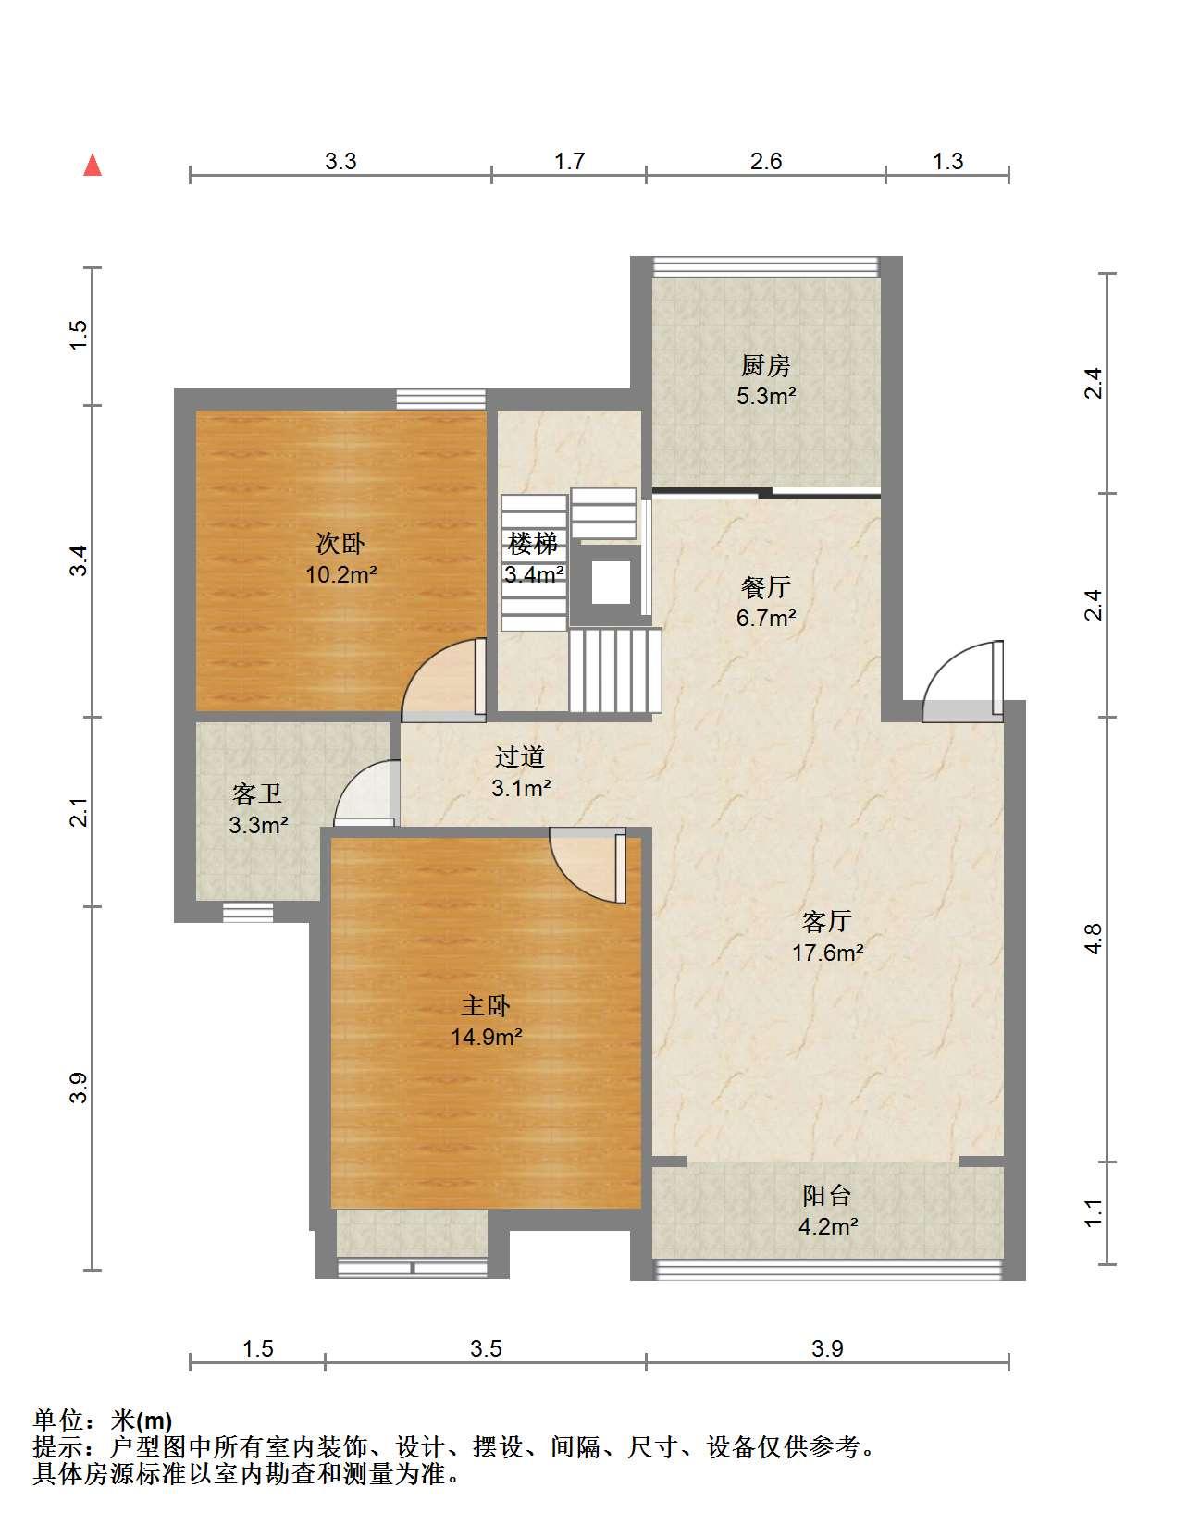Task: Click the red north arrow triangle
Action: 93,165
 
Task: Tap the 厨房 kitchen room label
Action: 765,365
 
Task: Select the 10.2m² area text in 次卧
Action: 341,573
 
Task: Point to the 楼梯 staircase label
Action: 533,543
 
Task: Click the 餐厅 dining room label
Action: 765,587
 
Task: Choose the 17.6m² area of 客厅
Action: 827,953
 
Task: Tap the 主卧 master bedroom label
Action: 486,1006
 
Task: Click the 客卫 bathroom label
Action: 257,793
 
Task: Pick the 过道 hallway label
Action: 520,756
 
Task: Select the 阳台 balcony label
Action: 827,1196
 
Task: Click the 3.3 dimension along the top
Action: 340,161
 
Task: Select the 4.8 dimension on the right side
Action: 1094,939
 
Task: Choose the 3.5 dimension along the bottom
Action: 486,1349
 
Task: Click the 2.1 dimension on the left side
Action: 80,811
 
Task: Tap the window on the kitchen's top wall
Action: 765,266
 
